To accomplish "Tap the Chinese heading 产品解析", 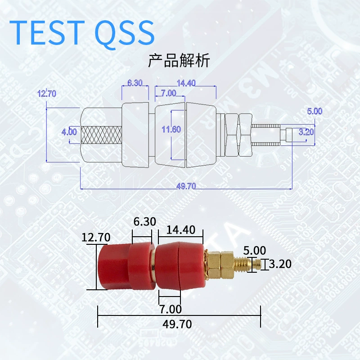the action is [x=179, y=60].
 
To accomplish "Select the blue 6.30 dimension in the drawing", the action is [x=135, y=83].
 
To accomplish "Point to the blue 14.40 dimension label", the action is [x=186, y=83].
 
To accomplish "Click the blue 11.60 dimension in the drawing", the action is [x=171, y=129].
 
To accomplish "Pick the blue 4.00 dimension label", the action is [x=69, y=132].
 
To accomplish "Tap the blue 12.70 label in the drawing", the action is [x=47, y=94].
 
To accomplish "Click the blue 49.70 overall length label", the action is [x=186, y=186].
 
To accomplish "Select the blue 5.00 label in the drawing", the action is [x=315, y=111].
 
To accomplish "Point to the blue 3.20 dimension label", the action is [x=306, y=132].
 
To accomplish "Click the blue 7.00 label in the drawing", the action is [x=168, y=93].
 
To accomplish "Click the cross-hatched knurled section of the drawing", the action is [x=101, y=135].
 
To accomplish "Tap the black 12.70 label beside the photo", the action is [x=96, y=237].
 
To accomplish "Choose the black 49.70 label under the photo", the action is [x=177, y=324].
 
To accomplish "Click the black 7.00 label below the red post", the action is [x=171, y=309].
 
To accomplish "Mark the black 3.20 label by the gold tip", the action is [x=280, y=264].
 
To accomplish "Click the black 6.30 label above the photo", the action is [x=144, y=221].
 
